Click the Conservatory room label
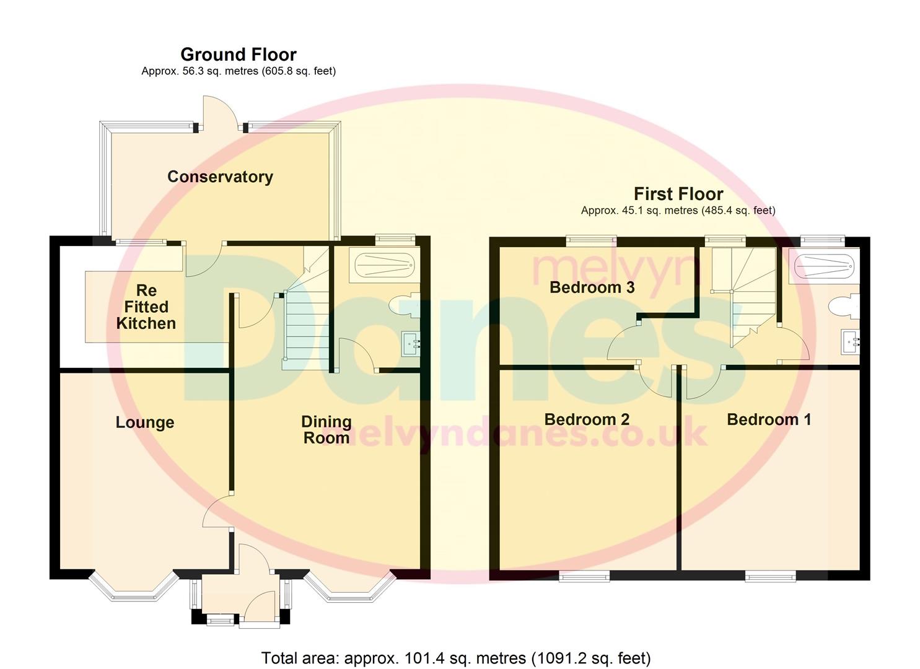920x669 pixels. (x=220, y=177)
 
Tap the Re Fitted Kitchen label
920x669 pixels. (x=146, y=307)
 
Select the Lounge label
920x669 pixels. (x=145, y=422)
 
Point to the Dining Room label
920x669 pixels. (x=326, y=429)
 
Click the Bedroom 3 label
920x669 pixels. (x=592, y=287)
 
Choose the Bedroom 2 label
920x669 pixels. (x=587, y=419)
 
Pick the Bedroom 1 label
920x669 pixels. (x=768, y=419)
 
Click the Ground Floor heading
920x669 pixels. (x=239, y=55)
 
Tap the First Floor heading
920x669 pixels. (x=678, y=194)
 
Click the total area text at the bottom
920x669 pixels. (x=456, y=658)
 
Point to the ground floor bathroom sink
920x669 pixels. (x=411, y=343)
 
